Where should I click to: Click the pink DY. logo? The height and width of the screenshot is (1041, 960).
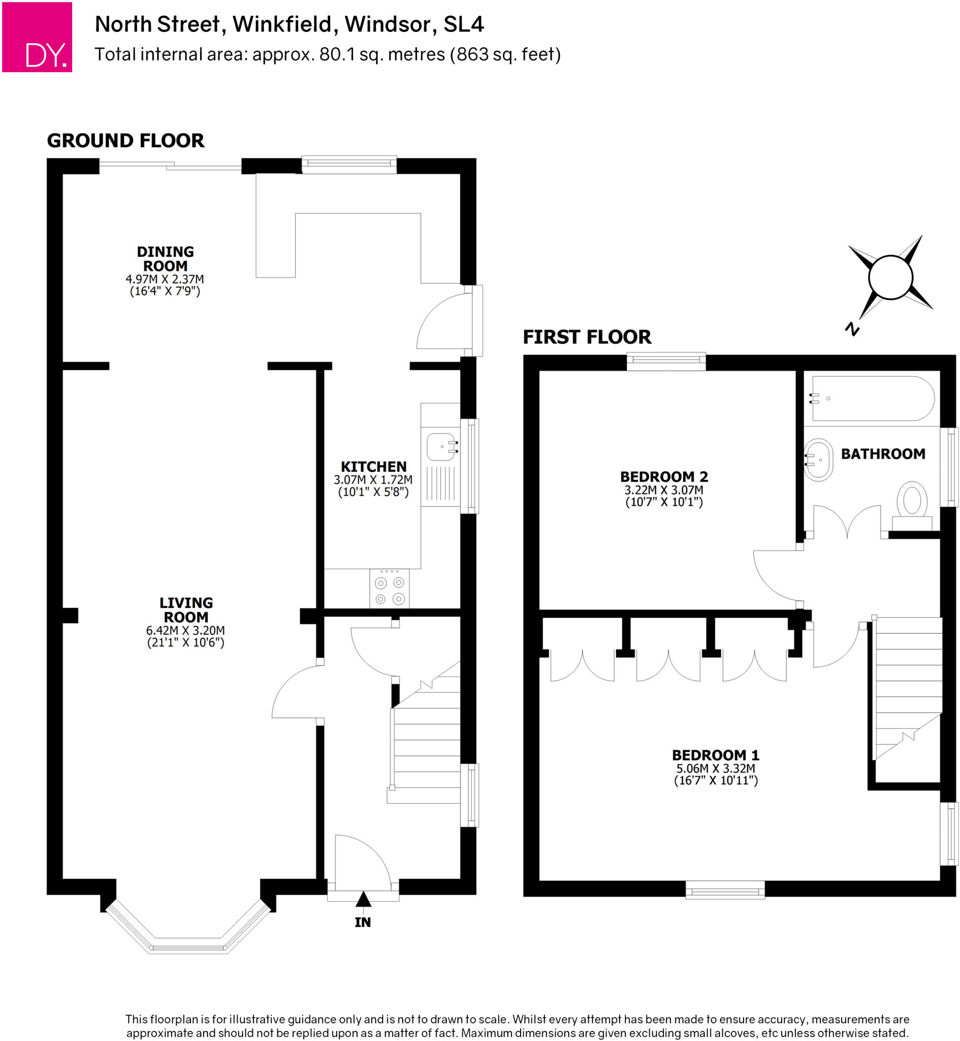click(x=37, y=37)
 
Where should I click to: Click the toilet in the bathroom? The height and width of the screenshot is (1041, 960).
click(x=912, y=502)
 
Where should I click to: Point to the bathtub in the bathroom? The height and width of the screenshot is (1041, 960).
click(x=873, y=399)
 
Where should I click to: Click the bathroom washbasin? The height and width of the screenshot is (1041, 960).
click(x=818, y=460)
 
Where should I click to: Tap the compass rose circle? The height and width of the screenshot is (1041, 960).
click(x=890, y=278)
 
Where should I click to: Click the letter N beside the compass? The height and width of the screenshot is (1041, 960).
click(x=852, y=328)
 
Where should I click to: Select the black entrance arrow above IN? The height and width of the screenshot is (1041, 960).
click(x=363, y=899)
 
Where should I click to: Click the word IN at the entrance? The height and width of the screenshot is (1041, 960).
click(x=363, y=922)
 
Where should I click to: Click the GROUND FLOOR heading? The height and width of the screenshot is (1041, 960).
click(x=126, y=141)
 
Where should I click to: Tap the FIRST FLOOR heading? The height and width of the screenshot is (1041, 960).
click(x=587, y=338)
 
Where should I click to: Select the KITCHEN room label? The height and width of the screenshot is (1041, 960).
click(x=373, y=467)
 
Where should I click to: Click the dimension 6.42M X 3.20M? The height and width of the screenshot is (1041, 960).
click(x=185, y=630)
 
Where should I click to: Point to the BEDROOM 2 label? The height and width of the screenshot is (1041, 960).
click(x=664, y=477)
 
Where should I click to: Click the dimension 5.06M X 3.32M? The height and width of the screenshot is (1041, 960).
click(x=715, y=768)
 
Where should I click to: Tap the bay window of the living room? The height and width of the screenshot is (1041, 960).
click(x=188, y=944)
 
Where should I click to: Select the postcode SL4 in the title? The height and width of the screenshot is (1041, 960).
click(x=463, y=24)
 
